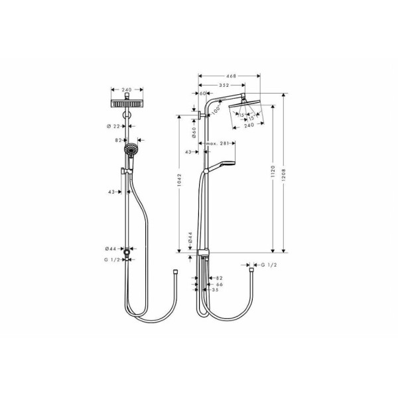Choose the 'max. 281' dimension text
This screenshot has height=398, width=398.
pos(217,143)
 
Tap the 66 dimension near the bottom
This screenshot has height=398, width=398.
pos(219,284)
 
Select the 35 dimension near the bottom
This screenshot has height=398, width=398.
pos(215,290)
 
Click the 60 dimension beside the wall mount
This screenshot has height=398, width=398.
pos(203,95)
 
